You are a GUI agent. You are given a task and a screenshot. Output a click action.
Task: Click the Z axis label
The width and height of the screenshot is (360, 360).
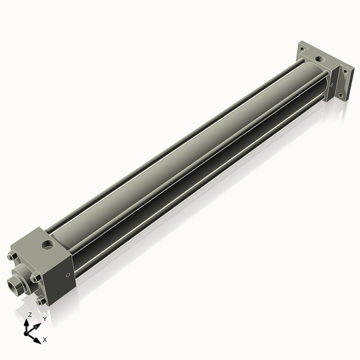pos(30,314)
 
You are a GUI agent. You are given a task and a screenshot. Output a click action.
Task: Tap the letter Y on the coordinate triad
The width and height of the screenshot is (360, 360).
pos(44,319)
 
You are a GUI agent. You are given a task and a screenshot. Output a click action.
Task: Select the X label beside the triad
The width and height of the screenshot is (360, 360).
pos(45,340)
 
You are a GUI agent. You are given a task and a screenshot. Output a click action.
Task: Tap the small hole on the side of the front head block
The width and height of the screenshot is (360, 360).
pos(67,275)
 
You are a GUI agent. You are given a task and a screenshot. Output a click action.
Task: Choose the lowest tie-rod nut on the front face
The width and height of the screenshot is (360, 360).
pos(40,302)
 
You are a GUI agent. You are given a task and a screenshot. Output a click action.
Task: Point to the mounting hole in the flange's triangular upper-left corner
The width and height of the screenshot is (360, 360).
pos(303,47)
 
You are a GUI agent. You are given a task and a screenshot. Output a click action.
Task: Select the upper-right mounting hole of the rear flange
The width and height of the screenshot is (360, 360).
pos(345,71)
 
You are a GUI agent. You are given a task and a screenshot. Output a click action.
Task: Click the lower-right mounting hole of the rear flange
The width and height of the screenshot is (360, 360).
pos(341,94)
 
